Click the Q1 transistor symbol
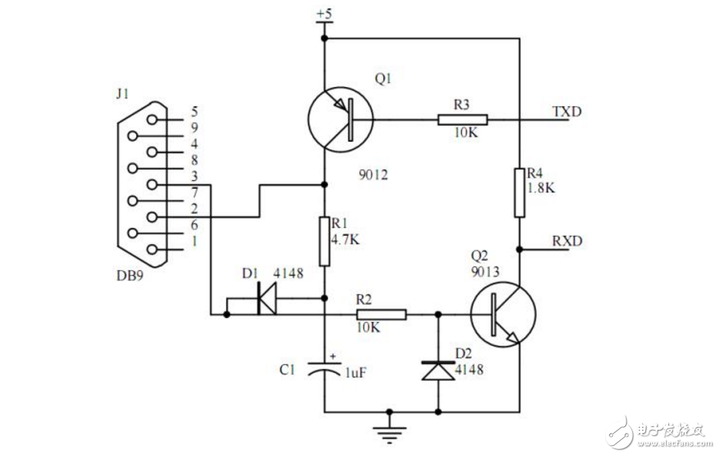(339, 120)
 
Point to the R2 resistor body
(380, 314)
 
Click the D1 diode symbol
(266, 300)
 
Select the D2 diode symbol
(438, 370)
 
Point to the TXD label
(567, 112)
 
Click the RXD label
(567, 241)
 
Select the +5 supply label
(324, 14)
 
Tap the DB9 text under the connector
(129, 274)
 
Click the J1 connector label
(121, 96)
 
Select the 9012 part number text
(373, 176)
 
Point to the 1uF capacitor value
(356, 373)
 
